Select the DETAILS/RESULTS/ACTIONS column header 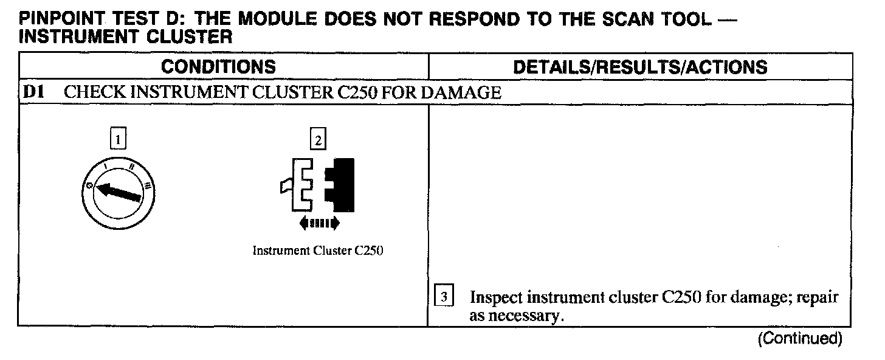coord(640,67)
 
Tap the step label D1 coord(33,93)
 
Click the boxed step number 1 coord(119,140)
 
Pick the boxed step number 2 coord(317,140)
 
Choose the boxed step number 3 coord(444,298)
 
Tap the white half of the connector coord(300,182)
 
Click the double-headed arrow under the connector coord(319,224)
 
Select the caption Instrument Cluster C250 coord(317,251)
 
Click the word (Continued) coord(799,339)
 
